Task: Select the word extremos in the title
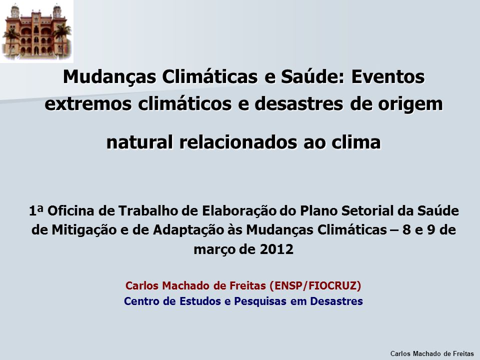click(88, 104)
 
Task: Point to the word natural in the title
click(139, 142)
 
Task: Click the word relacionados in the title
click(238, 142)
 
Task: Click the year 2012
click(276, 249)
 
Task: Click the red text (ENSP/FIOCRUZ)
click(315, 285)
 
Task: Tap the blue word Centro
click(141, 301)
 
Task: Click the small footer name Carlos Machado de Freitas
click(432, 353)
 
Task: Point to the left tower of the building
click(15, 11)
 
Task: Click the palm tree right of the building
click(62, 38)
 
